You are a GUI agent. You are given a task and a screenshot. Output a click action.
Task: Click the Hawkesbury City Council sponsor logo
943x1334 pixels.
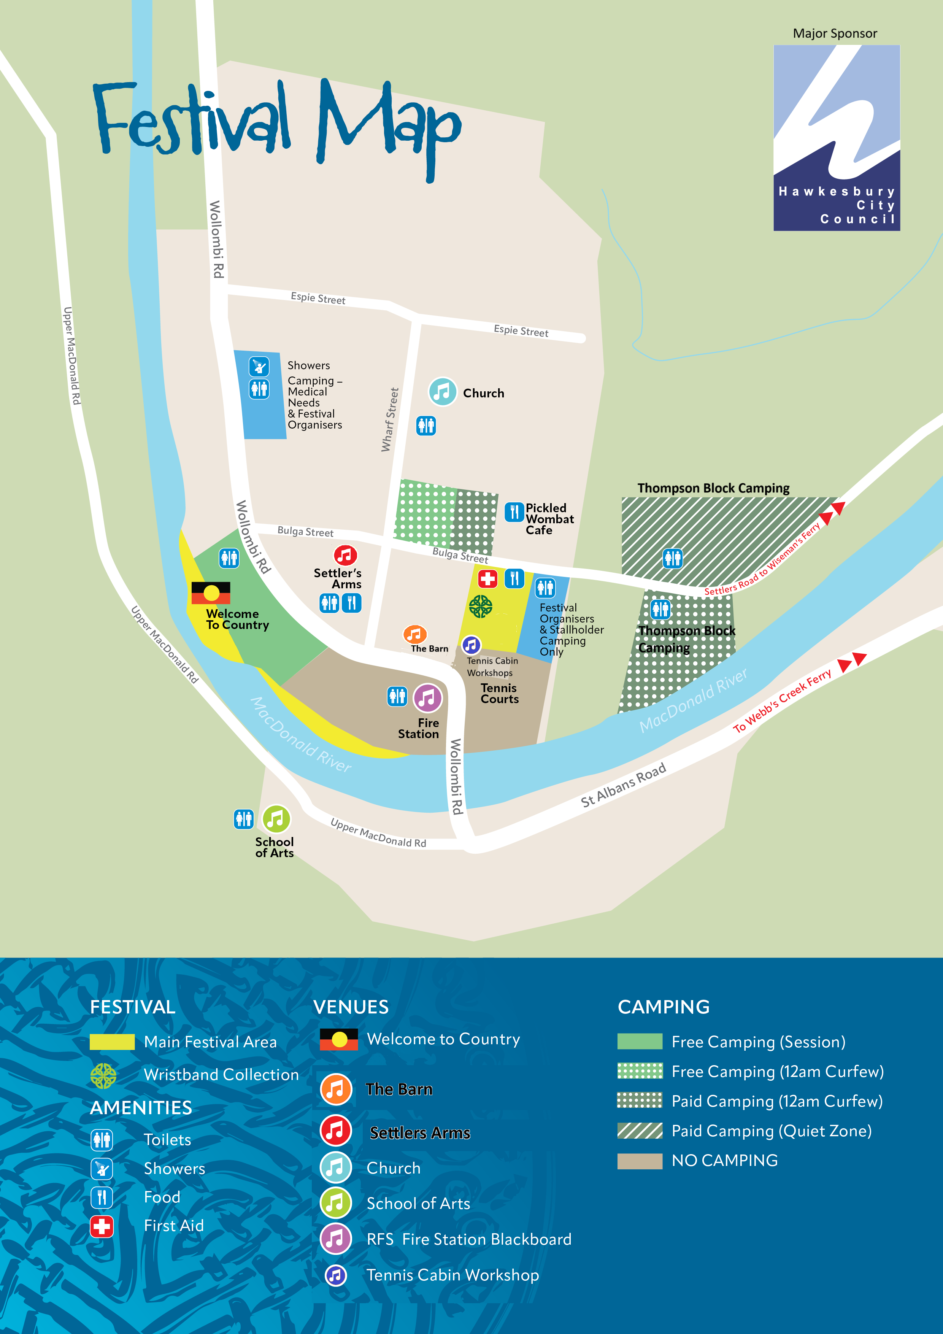point(836,138)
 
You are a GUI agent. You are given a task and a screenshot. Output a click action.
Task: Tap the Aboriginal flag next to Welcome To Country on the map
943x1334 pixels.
point(211,592)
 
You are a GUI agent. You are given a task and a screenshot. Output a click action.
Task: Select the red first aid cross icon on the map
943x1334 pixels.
point(487,579)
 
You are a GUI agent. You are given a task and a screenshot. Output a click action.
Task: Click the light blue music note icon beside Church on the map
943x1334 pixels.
point(442,392)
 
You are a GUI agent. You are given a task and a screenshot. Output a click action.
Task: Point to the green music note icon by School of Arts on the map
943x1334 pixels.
point(276,819)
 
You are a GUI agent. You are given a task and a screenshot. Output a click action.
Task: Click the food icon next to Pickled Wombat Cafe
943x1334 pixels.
point(514,512)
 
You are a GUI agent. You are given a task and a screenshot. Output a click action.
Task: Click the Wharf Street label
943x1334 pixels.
point(390,419)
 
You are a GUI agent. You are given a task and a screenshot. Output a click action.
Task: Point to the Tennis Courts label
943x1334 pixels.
point(499,693)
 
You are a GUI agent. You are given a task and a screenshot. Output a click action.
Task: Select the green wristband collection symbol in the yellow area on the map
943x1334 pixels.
point(481,607)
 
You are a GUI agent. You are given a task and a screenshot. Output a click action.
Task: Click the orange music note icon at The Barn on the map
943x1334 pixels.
point(415,634)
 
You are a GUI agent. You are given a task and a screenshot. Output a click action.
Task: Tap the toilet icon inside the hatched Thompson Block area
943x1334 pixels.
point(672,558)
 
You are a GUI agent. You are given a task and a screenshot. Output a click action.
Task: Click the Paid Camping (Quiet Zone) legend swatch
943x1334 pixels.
point(639,1130)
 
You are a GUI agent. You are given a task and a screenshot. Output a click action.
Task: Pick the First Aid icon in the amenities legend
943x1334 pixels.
point(102,1226)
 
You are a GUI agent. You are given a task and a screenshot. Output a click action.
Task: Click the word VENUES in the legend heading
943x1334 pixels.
point(351,1007)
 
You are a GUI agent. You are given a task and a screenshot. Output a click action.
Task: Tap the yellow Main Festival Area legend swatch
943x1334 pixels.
point(112,1042)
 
